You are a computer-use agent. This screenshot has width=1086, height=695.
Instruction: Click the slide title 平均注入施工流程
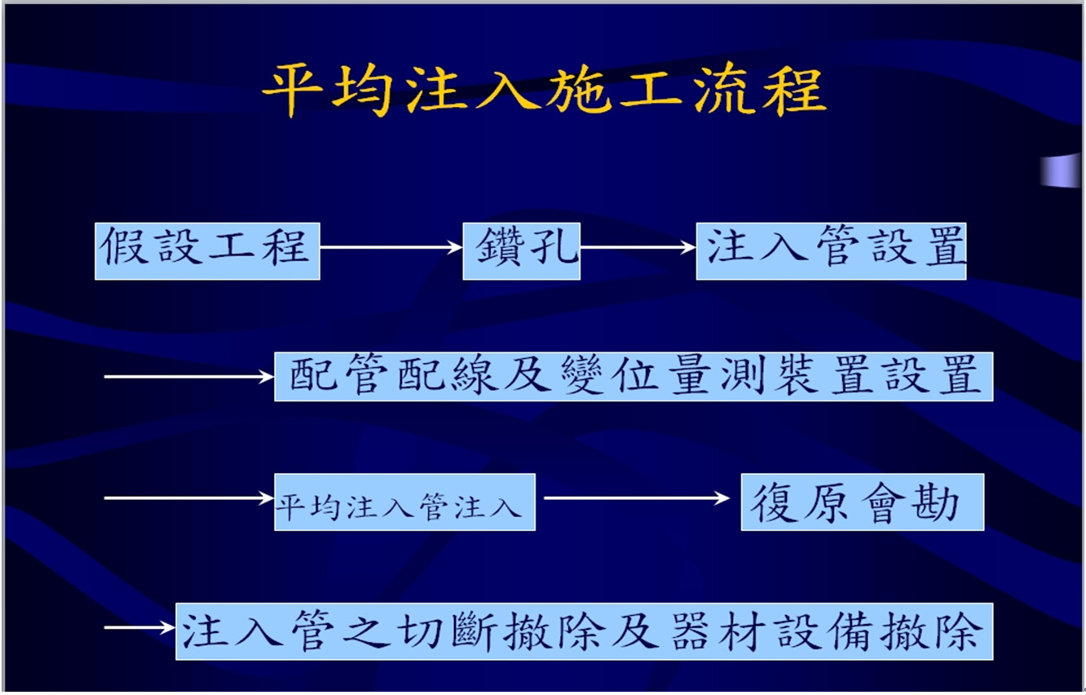click(x=545, y=91)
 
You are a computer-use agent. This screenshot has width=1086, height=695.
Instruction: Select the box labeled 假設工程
click(x=208, y=251)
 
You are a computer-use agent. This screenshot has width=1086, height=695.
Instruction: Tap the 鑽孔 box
click(x=522, y=251)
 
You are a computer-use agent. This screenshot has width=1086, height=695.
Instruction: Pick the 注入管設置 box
click(x=831, y=251)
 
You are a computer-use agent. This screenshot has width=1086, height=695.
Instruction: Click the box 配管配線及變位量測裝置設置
click(x=633, y=377)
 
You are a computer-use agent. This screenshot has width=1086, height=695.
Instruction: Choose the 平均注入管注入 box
click(x=405, y=502)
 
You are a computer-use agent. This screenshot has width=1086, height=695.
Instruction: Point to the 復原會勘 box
click(x=863, y=502)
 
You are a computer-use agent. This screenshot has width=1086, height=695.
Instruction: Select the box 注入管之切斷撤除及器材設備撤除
click(x=585, y=631)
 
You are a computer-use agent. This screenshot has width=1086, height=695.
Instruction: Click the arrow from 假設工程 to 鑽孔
click(x=391, y=247)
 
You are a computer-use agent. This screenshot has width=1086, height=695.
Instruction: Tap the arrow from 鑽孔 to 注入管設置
click(x=638, y=247)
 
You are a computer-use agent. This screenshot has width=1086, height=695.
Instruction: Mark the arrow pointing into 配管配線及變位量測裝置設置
click(x=189, y=377)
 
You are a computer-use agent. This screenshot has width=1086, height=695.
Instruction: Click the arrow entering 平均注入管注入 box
click(x=189, y=498)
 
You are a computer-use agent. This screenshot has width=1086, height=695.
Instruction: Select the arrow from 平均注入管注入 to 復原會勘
click(x=637, y=498)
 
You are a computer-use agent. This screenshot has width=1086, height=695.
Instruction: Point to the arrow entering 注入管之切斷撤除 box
click(x=139, y=627)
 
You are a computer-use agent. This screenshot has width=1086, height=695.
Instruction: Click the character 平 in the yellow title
click(x=293, y=91)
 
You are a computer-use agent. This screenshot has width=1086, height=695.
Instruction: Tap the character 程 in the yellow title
click(x=795, y=91)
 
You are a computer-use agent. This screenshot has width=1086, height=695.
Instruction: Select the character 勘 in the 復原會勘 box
click(x=936, y=503)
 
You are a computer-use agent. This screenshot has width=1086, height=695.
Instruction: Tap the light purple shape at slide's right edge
click(x=1061, y=170)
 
